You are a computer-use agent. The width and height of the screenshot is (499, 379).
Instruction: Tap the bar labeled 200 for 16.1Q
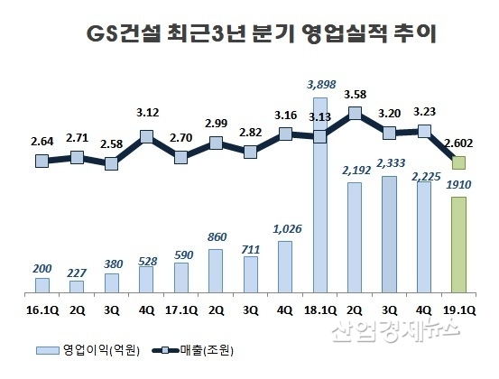42,285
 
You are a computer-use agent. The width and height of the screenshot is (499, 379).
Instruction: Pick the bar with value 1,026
284,267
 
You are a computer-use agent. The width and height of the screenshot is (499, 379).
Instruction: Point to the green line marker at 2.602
458,162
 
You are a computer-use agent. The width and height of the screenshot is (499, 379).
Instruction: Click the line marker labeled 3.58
355,114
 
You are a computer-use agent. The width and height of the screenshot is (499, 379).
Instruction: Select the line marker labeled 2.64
42,161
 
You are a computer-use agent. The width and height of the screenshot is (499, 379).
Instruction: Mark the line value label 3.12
146,115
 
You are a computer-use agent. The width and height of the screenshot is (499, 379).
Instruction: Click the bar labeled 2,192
355,238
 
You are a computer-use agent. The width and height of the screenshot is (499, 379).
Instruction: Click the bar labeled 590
180,278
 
